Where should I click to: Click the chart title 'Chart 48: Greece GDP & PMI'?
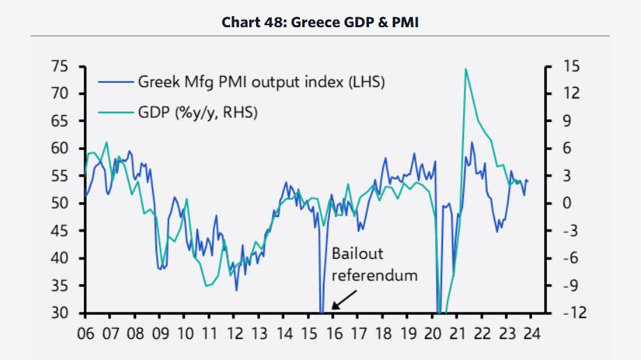click(320, 22)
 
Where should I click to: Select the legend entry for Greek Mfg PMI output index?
click(259, 82)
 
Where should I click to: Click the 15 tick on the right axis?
click(572, 66)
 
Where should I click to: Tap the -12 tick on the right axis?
click(574, 313)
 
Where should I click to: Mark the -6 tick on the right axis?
click(571, 258)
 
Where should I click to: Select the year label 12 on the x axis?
click(234, 332)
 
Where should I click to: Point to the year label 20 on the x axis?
click(432, 332)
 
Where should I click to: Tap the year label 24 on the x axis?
click(531, 332)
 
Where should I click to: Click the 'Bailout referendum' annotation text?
click(374, 264)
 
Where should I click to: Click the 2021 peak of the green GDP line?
click(465, 68)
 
